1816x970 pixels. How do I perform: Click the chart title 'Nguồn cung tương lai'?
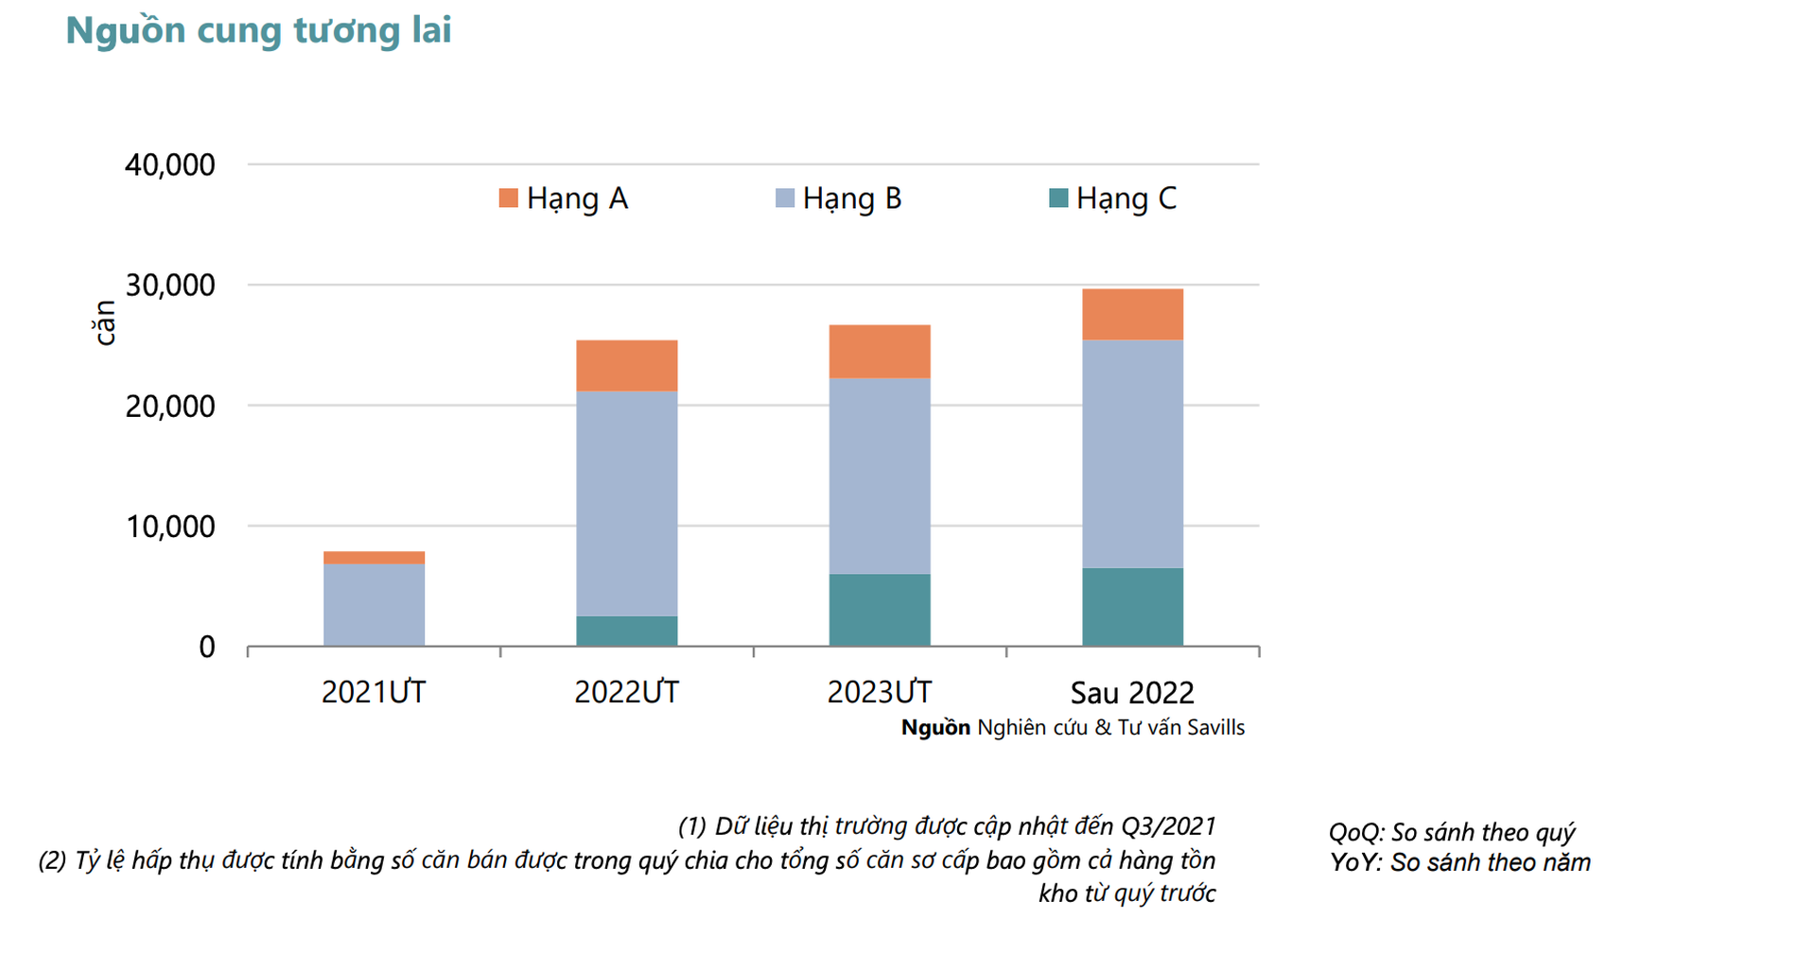pos(258,30)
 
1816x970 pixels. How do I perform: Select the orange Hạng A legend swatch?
pos(508,198)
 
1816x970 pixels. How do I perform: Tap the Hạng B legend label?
pos(851,199)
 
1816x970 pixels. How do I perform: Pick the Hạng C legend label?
pos(1126,199)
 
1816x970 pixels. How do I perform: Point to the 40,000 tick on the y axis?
pos(170,165)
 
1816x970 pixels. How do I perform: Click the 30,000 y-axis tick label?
pos(170,286)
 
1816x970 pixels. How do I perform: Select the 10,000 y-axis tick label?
pos(170,527)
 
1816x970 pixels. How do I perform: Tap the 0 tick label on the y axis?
pos(206,648)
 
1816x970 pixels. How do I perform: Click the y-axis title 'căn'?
pos(104,323)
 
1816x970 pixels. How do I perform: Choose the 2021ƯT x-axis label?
pos(374,693)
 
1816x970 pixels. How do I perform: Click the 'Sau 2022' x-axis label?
pos(1132,693)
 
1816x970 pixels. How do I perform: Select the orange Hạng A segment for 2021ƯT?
pos(374,558)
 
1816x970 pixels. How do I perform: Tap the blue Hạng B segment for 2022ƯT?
pos(626,503)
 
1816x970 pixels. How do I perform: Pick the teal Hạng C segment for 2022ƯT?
pos(626,631)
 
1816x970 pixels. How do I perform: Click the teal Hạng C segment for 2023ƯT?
pos(880,610)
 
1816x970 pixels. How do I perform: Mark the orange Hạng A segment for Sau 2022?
pos(1132,314)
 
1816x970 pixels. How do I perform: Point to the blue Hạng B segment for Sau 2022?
pos(1132,454)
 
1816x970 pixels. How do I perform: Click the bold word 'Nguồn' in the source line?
pos(935,728)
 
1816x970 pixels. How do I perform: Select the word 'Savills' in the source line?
pos(1215,728)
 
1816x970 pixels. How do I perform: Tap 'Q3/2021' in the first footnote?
pos(1168,826)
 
